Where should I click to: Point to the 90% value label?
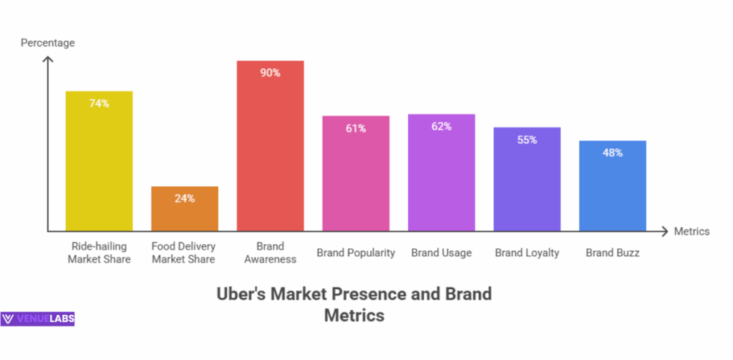(270, 73)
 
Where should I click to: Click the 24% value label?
(185, 198)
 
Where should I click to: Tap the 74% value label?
(99, 104)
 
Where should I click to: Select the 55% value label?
(527, 140)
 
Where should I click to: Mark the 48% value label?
(612, 152)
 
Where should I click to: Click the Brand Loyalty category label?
(527, 253)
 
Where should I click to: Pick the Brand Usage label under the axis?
(441, 253)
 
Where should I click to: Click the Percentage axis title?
(47, 43)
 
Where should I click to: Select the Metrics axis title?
(691, 231)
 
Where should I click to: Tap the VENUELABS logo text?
(44, 319)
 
